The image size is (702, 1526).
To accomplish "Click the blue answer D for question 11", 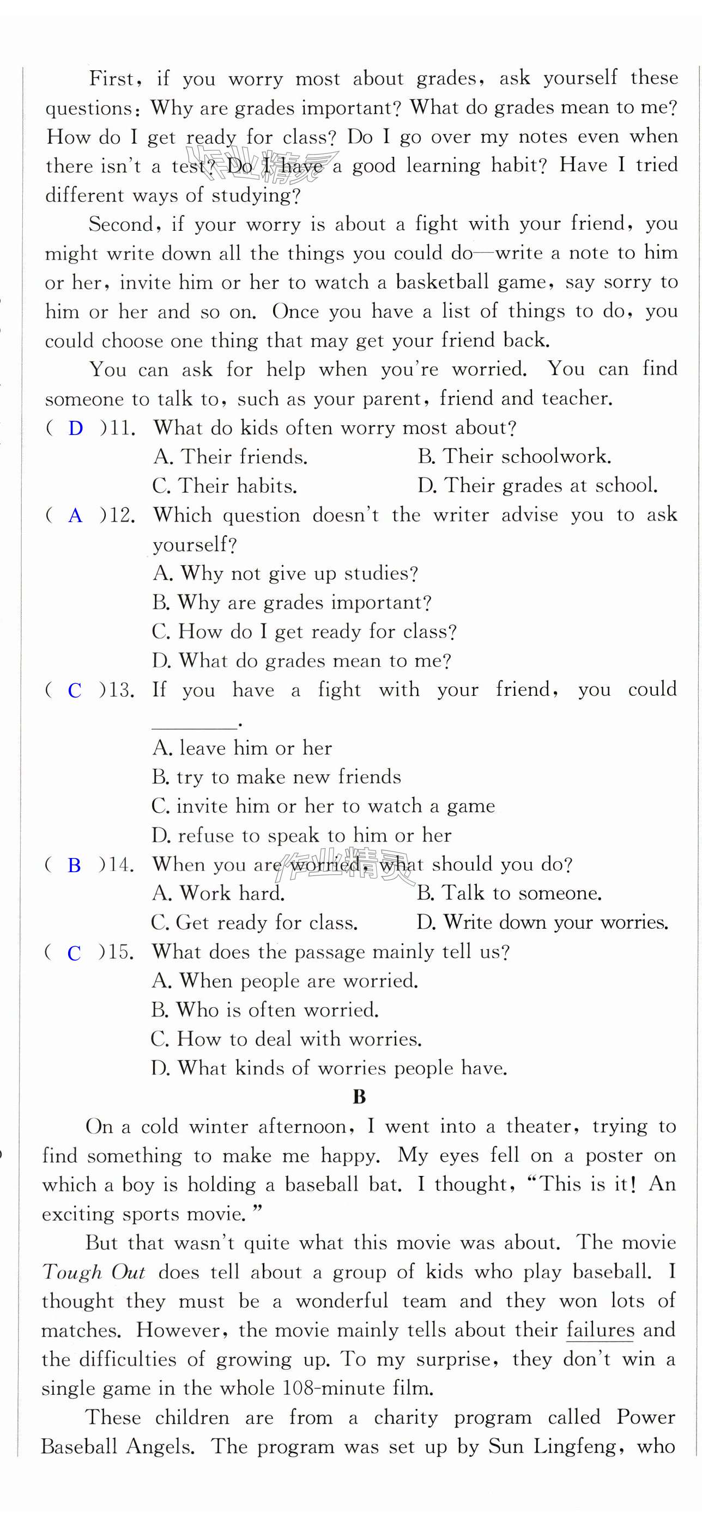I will coord(75,428).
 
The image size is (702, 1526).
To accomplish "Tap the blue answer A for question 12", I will coord(75,516).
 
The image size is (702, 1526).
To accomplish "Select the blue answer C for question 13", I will coord(75,690).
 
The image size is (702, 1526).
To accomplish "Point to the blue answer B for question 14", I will coord(74,865).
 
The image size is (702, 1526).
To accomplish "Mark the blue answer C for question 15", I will coord(74,953).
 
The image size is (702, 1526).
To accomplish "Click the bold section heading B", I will coord(359,1097).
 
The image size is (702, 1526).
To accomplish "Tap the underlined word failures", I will coord(600,1330).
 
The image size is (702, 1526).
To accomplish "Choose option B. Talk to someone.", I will coord(509,893).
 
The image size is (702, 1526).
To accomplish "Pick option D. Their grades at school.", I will coord(537,486).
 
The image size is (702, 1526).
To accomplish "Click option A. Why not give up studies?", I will coord(285,573).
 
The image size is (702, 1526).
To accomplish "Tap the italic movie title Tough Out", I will coord(93,1272).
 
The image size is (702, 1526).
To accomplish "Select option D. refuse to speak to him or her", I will coord(301,835).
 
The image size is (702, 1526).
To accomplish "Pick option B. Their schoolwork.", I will coord(513,457).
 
